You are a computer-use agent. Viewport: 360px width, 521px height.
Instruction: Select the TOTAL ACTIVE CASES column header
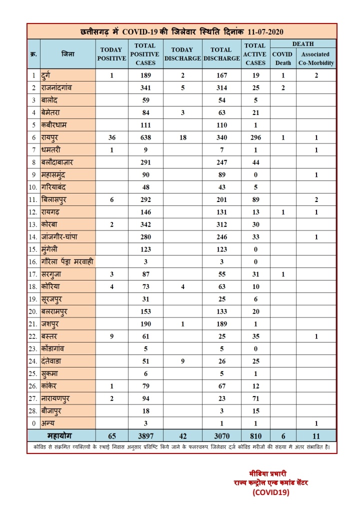(x=255, y=54)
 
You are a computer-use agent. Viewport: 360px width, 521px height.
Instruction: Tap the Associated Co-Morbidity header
(x=315, y=58)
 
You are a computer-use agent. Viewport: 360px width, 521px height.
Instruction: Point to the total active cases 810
(x=255, y=435)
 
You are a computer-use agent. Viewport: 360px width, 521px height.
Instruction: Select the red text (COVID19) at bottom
(x=271, y=492)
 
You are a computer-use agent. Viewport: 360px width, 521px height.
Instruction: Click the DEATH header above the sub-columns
(x=303, y=44)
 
